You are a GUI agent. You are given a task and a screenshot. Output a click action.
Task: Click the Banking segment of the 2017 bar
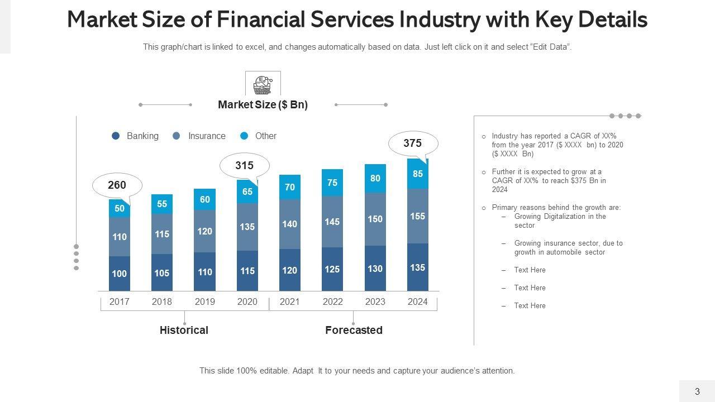tap(120, 274)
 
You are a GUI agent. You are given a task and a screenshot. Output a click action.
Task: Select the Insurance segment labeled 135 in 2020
tap(247, 227)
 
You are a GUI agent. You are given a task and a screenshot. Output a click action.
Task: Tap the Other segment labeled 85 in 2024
tap(418, 174)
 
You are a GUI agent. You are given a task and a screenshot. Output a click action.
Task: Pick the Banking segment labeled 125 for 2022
tap(332, 269)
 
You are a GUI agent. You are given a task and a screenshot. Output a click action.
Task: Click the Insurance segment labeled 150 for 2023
tap(375, 219)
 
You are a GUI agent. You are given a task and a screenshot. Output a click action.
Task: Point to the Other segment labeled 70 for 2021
tap(290, 187)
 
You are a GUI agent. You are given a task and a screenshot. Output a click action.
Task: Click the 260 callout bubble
tap(117, 185)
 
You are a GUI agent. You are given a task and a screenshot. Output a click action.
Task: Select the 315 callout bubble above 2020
tap(245, 166)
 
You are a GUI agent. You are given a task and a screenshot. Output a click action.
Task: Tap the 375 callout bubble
tap(412, 143)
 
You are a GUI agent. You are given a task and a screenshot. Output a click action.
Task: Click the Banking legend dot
tap(116, 136)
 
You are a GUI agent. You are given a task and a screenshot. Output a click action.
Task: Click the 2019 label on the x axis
tap(205, 301)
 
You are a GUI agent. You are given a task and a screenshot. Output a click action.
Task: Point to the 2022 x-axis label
tap(332, 301)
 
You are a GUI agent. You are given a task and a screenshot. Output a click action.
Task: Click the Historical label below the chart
tap(184, 330)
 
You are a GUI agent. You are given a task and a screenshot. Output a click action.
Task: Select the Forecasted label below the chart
tap(354, 330)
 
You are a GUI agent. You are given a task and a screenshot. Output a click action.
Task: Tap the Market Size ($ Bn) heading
tap(263, 104)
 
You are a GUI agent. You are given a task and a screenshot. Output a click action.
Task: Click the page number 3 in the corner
tap(697, 391)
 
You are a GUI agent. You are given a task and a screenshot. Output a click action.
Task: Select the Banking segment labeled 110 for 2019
tap(205, 272)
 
